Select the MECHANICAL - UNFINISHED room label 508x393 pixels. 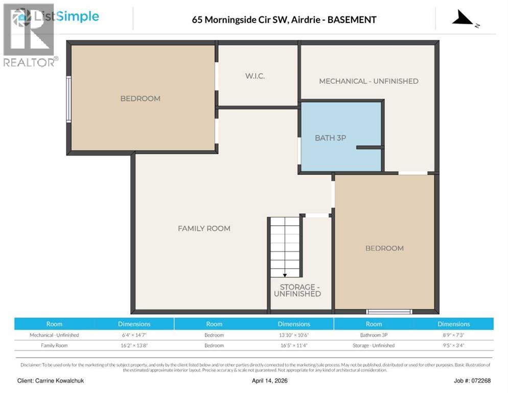coord(368,81)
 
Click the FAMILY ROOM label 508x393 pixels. coord(204,228)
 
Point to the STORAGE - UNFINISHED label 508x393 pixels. coord(297,290)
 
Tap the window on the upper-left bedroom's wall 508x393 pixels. coord(68,99)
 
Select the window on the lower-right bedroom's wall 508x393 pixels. coord(389,311)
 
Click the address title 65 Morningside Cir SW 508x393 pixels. coord(284,20)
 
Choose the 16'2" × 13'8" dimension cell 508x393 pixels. coord(134,345)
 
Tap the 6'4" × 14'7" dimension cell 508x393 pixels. coord(134,335)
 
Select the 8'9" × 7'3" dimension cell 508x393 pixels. coord(453,335)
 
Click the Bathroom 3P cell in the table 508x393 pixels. coord(374,335)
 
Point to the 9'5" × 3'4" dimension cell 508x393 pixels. coord(453,345)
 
